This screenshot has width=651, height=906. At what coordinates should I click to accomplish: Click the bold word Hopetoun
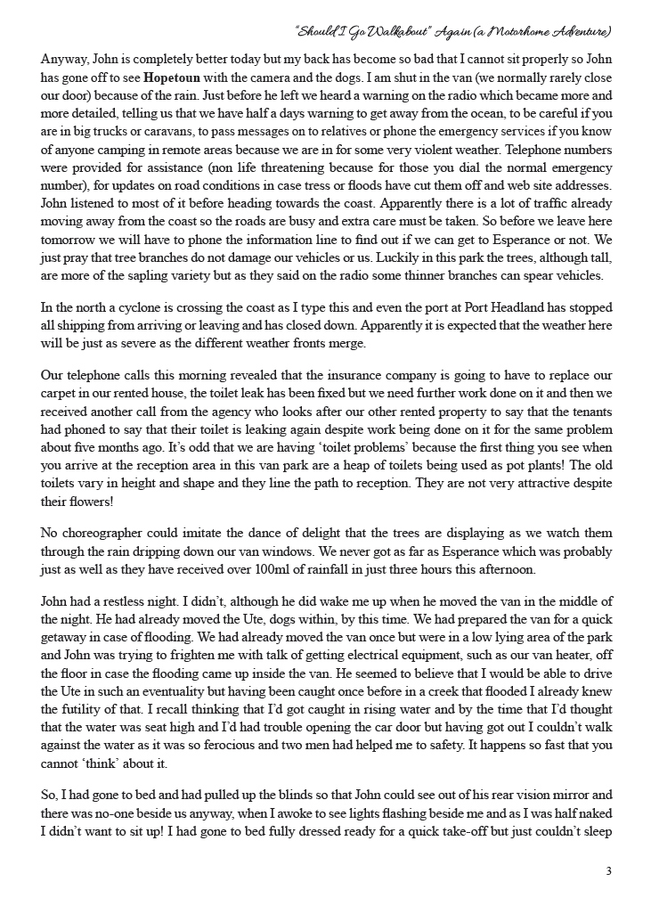click(x=175, y=78)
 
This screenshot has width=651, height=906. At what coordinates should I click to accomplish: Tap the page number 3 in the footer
click(x=608, y=871)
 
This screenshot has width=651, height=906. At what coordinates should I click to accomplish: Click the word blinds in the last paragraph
click(x=256, y=794)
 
